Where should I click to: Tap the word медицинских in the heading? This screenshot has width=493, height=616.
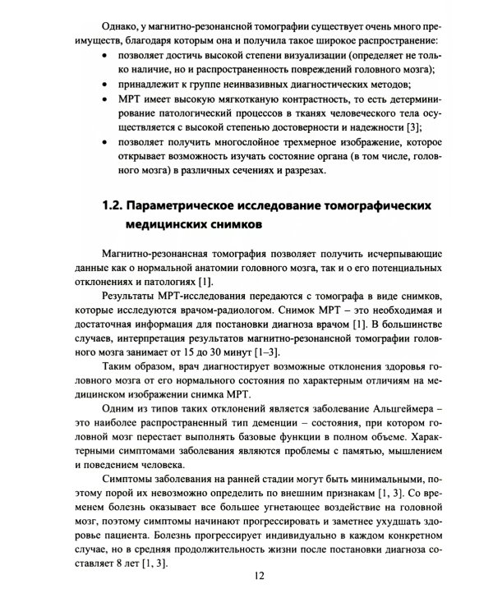coord(172,224)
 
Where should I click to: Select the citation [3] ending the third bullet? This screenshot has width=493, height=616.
coord(416,126)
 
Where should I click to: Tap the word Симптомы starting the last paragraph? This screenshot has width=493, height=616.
coord(127,479)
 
